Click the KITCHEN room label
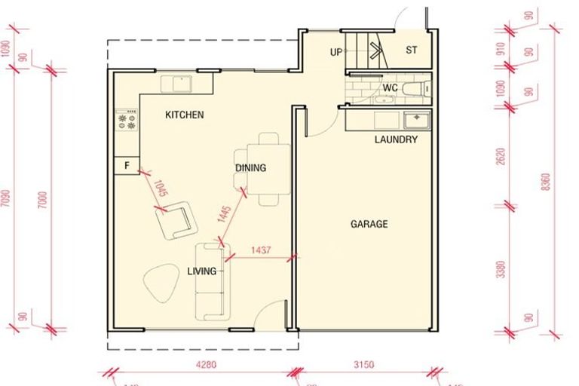point(185,115)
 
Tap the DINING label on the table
point(251,168)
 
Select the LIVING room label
point(202,271)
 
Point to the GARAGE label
point(369,224)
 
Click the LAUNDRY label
point(396,140)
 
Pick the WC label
point(390,88)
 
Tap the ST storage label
point(412,51)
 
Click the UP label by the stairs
point(337,52)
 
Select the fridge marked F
point(127,165)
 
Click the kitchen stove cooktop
point(127,120)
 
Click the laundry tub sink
point(415,121)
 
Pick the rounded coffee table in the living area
point(161,283)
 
